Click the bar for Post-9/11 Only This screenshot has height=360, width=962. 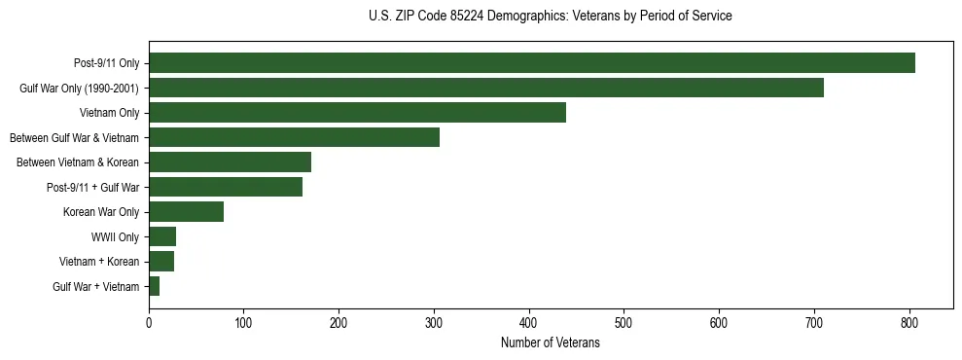[531, 63]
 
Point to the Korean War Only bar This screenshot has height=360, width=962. [186, 212]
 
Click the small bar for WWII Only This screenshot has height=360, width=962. [162, 236]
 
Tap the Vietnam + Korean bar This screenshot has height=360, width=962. [161, 262]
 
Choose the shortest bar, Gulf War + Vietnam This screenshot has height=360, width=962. [154, 286]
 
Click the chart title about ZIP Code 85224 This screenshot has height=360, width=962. [550, 17]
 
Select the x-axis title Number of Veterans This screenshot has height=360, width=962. [550, 343]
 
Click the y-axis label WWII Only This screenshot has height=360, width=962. [115, 236]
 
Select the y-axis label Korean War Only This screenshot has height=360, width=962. [101, 212]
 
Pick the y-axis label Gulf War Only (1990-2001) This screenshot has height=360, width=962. [80, 89]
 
